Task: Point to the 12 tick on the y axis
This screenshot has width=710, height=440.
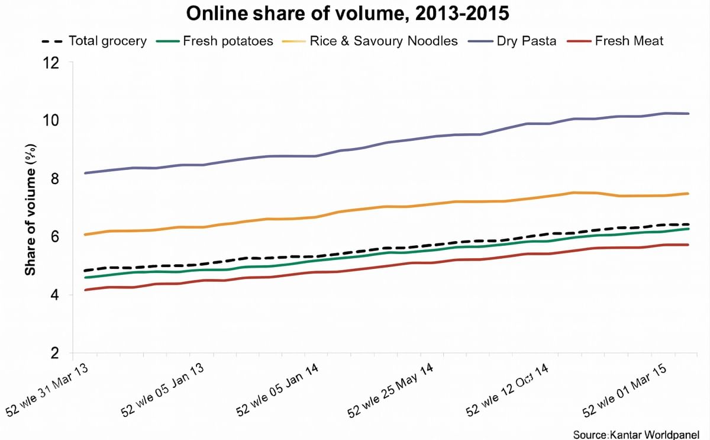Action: [51, 62]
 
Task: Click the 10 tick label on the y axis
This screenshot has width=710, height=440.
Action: [51, 120]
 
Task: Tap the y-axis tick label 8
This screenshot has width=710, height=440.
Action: [55, 178]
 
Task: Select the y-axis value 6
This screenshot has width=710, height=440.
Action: [55, 236]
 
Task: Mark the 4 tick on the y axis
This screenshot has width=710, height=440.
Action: [55, 294]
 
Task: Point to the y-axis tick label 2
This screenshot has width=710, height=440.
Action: [55, 352]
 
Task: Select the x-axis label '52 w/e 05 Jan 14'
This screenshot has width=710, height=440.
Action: [279, 390]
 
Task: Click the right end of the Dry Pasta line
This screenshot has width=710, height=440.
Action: [688, 113]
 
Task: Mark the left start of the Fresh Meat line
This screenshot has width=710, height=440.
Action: [86, 290]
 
